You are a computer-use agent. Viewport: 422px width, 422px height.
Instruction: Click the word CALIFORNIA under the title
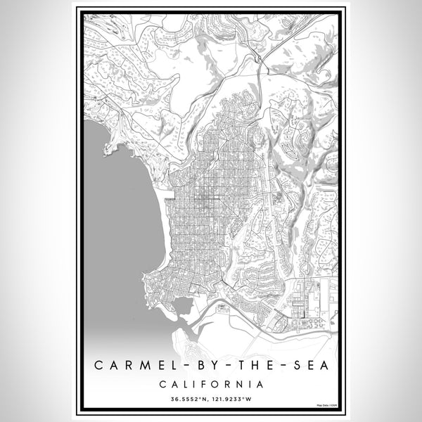[x=211, y=385]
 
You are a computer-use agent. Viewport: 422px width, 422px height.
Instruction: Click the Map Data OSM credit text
[x=326, y=406]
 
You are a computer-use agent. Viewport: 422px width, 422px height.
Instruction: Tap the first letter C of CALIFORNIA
[x=161, y=385]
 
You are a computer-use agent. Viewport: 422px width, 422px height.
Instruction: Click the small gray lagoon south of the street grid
[x=181, y=305]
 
